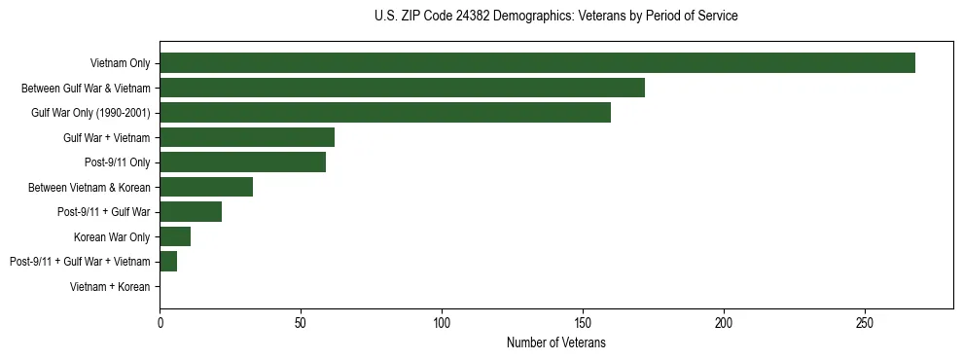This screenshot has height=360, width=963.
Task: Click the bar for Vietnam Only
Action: [x=537, y=62]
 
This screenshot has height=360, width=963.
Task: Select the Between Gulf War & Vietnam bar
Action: [x=402, y=88]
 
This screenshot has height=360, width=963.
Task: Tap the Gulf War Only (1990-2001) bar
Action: [x=385, y=112]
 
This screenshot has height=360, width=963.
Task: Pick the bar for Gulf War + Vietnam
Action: [x=247, y=137]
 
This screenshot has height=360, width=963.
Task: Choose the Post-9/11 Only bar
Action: [x=242, y=162]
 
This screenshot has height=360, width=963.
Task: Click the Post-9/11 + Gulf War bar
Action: [x=191, y=211]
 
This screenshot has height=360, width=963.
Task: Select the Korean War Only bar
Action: [x=175, y=236]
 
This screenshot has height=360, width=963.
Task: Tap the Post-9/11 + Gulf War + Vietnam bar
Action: [x=168, y=261]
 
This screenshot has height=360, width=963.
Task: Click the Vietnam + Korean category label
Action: [x=110, y=287]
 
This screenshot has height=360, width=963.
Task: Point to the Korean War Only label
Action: [x=112, y=236]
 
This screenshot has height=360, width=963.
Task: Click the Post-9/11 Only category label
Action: [x=118, y=162]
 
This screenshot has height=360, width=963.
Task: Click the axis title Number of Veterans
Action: [x=555, y=342]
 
